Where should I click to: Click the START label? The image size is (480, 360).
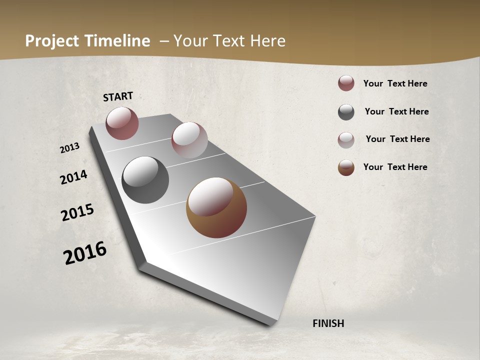(118, 96)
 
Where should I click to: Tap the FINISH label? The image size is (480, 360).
(328, 323)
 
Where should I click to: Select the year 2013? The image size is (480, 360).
(70, 148)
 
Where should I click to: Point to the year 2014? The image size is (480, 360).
(73, 177)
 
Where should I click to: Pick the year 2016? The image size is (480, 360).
(85, 253)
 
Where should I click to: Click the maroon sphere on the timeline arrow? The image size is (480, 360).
(122, 123)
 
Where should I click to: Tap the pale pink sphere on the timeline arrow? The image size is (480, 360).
(189, 140)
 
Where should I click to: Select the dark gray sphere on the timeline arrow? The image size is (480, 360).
(145, 180)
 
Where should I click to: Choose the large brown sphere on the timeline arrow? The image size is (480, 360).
(216, 207)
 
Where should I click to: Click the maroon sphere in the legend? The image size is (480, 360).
(346, 83)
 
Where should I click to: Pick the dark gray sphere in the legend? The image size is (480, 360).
(346, 112)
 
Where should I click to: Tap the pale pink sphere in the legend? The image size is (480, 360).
(346, 140)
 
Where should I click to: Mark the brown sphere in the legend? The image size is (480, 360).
(346, 167)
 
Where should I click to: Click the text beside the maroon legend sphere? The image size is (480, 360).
(395, 84)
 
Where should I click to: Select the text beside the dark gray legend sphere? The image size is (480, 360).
(396, 111)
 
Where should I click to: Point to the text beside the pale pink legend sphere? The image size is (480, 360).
(397, 139)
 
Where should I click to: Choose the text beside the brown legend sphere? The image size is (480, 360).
(395, 167)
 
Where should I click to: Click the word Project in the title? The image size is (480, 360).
(52, 41)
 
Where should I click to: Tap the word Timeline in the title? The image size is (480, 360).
(118, 41)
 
